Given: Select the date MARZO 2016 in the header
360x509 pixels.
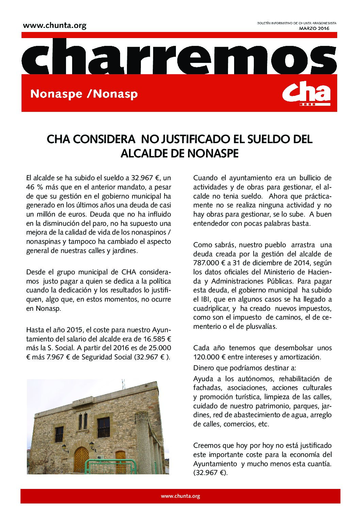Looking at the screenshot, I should click(x=314, y=28).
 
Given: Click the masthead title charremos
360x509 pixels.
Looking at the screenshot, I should click(x=179, y=56).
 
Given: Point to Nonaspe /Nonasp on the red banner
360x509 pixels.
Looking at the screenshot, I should click(x=84, y=94).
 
